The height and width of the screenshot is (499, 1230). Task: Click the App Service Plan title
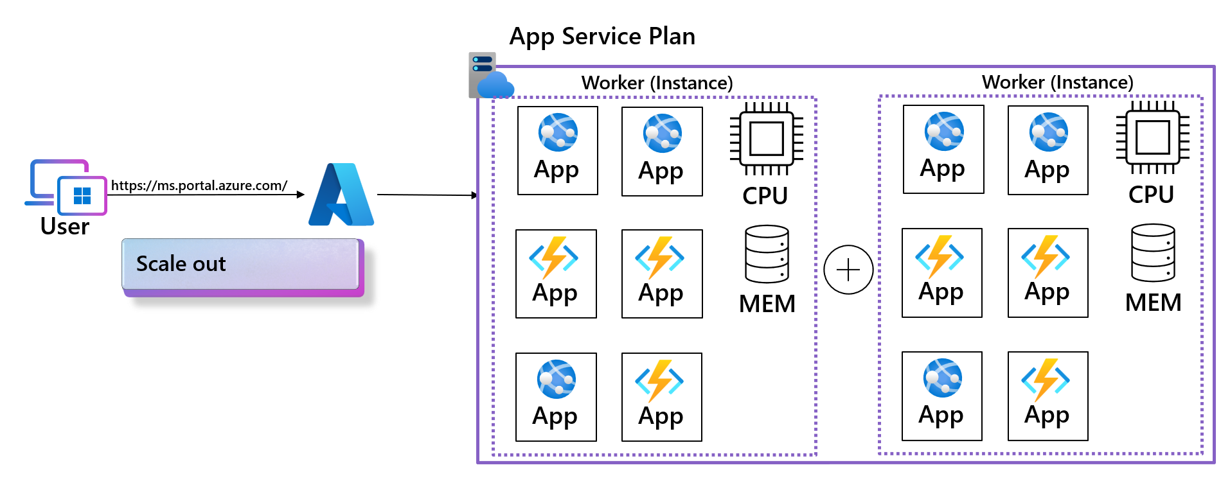[602, 37]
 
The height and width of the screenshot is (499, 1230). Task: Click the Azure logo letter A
[341, 195]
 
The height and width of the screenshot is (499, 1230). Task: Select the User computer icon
[66, 187]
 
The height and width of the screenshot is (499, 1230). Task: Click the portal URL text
[199, 186]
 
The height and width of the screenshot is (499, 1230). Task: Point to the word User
[64, 227]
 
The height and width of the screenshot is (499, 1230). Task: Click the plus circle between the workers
[848, 270]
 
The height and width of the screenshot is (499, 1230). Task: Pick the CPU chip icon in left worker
[766, 139]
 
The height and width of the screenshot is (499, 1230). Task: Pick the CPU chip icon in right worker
[1152, 137]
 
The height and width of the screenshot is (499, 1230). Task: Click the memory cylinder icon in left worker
[767, 254]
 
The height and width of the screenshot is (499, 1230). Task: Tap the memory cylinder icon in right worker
[1153, 253]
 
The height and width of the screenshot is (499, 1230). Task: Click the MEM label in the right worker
[1153, 302]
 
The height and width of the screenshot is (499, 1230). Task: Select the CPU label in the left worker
[765, 196]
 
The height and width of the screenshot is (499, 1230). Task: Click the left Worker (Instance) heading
[657, 83]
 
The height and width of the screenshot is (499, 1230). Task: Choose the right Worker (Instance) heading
[1057, 82]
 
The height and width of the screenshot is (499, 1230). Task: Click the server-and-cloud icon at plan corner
[490, 76]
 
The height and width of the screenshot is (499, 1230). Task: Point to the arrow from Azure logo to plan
[427, 195]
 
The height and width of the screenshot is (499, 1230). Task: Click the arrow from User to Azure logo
[206, 195]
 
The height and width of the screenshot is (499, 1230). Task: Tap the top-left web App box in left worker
[557, 151]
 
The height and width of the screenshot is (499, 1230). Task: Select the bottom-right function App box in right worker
[1047, 396]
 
